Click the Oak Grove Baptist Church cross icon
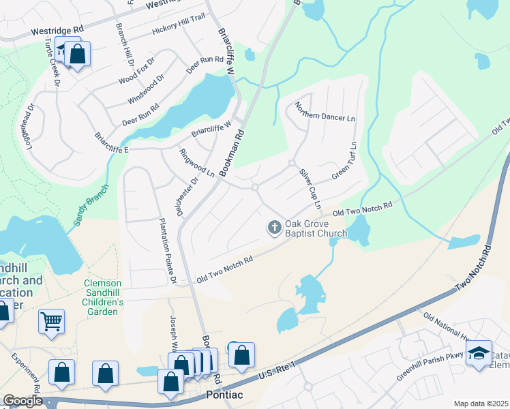275,227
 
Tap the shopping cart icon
52,320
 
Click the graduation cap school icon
479,352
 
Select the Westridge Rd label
57,31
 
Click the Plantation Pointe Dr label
167,251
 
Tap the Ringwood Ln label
197,164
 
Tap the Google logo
22,402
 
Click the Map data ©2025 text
481,404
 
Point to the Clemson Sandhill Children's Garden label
103,297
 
